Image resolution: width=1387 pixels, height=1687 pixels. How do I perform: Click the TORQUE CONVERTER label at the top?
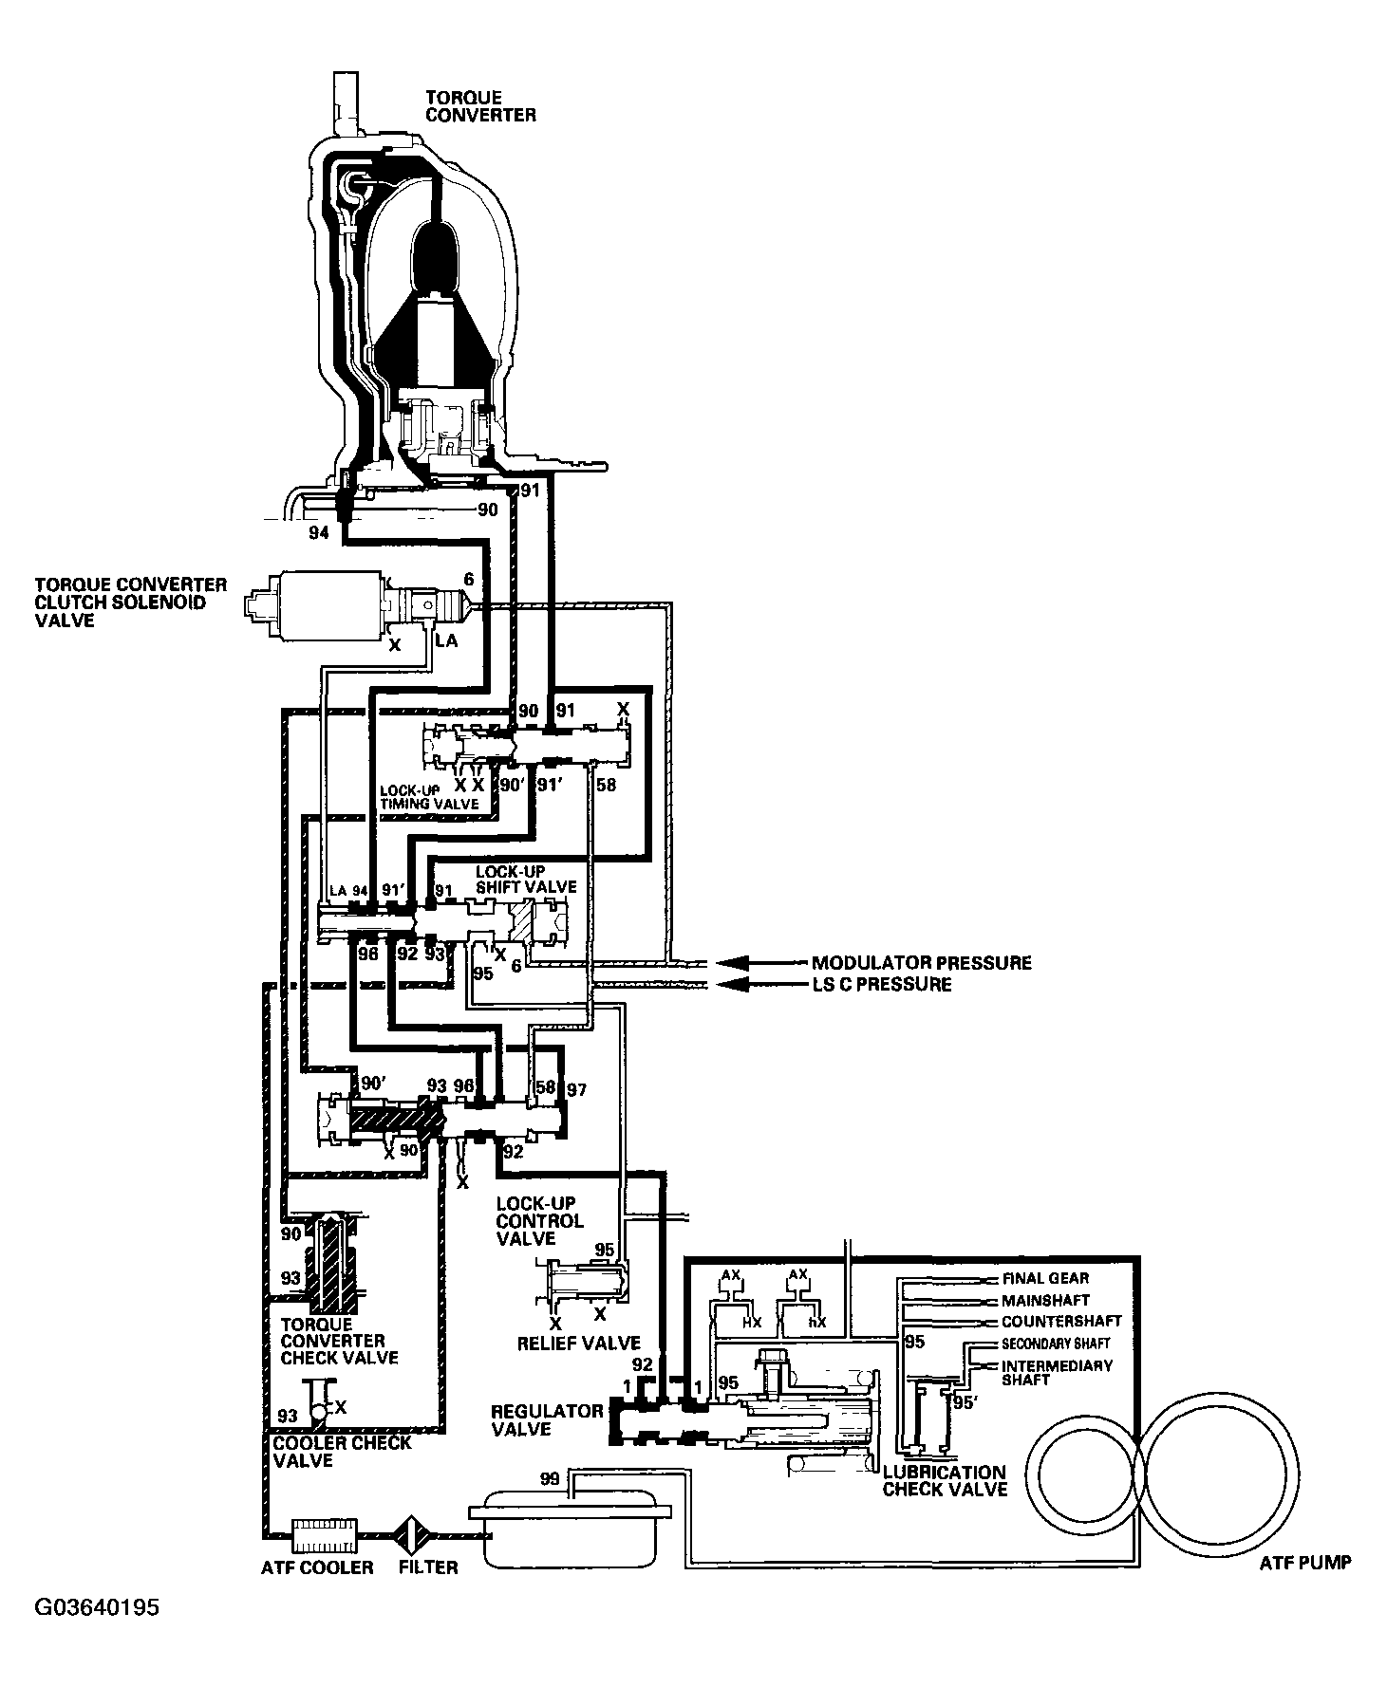pos(479,106)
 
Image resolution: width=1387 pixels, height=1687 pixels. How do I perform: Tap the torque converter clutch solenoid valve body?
pos(328,602)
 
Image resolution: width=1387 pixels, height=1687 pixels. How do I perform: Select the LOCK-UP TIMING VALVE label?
pos(429,797)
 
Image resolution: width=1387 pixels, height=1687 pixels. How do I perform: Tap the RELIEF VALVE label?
pos(578,1343)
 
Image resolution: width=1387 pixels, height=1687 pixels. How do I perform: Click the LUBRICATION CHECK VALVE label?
pos(944,1481)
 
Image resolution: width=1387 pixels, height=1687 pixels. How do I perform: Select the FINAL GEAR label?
pos(1045,1278)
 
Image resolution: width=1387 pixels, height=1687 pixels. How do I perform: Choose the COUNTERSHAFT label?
pos(1060,1321)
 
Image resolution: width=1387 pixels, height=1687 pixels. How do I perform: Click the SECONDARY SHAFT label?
pos(1055,1344)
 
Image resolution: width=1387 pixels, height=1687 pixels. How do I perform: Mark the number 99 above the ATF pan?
pos(550,1479)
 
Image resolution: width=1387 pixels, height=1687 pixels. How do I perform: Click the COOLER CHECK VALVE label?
pos(342,1452)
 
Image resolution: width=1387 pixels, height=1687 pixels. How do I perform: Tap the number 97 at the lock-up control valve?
pos(576,1090)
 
